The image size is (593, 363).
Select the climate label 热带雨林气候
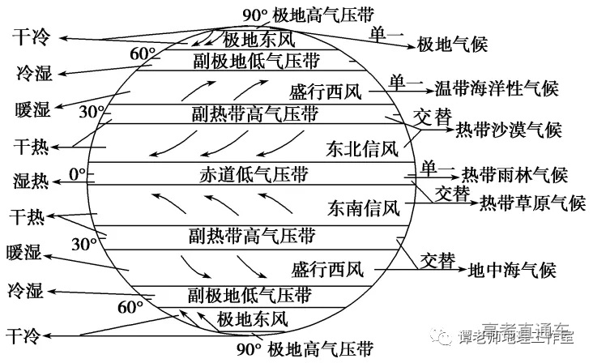514,175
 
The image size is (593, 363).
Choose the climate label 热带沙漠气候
509,129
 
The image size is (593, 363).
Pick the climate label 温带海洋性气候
497,88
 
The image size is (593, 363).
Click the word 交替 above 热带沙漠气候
432,116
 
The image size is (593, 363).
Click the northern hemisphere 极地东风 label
259,39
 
